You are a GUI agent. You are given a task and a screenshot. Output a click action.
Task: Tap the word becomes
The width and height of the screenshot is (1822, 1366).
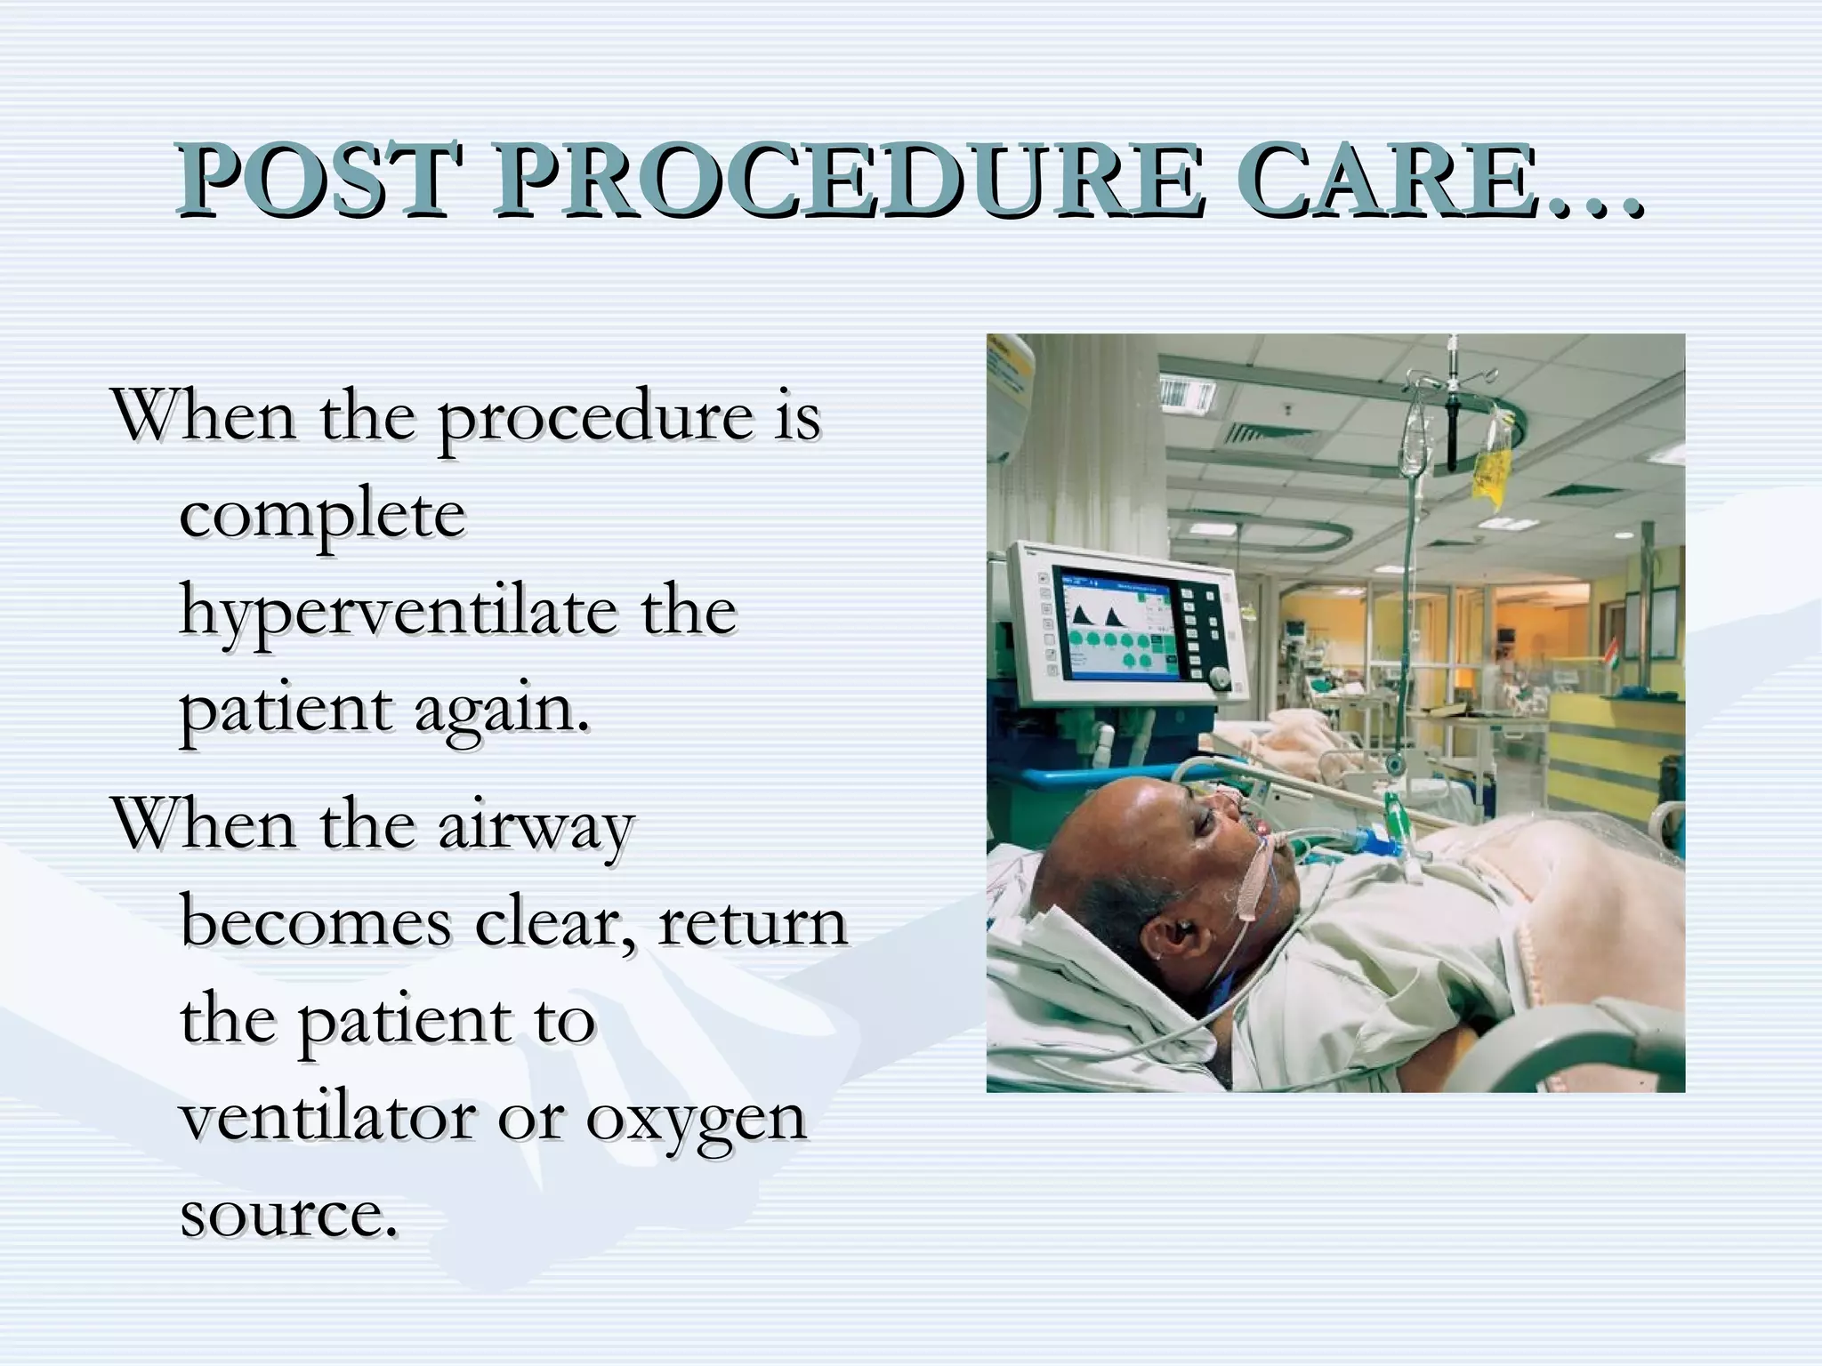[316, 923]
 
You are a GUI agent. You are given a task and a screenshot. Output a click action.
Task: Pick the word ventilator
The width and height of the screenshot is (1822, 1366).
[327, 1118]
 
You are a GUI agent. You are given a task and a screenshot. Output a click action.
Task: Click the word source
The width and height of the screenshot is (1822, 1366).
[287, 1215]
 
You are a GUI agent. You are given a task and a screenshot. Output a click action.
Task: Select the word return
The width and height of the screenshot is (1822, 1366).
[753, 923]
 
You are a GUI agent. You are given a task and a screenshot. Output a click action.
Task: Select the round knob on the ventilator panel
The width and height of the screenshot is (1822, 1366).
[1220, 681]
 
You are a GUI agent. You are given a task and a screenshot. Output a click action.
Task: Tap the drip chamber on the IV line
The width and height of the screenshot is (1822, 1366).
[1396, 763]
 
